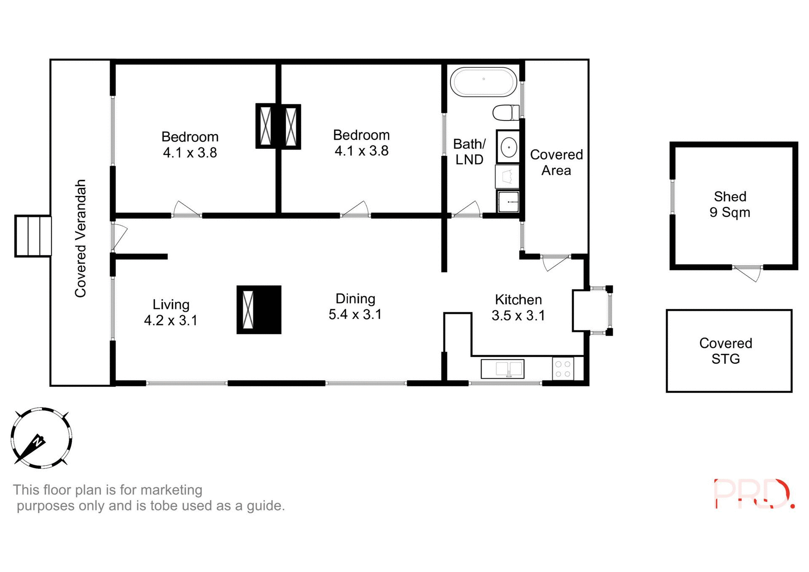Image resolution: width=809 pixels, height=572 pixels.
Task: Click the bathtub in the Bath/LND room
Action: [483, 82]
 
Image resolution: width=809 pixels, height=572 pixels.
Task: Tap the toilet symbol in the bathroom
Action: [506, 113]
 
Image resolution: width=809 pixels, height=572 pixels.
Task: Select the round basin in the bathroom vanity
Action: [509, 147]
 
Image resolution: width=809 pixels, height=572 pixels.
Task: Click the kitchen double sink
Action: [503, 369]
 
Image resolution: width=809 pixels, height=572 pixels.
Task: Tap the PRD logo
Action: [753, 494]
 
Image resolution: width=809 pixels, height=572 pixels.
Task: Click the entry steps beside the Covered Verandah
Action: [33, 236]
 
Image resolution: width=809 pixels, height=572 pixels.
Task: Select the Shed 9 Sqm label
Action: [730, 204]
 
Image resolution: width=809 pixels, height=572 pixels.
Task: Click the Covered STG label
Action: [726, 351]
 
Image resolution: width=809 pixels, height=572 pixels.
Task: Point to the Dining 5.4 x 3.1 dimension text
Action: [355, 314]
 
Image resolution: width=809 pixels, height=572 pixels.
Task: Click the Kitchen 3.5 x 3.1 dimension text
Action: [518, 315]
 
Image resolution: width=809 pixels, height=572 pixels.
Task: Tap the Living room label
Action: [171, 305]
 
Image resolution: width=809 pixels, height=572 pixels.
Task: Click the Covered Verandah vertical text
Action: [80, 238]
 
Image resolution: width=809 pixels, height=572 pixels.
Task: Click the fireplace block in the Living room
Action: [259, 310]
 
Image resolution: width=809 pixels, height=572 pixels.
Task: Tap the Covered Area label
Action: [556, 163]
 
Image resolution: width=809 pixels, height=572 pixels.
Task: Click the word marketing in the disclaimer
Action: [171, 490]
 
